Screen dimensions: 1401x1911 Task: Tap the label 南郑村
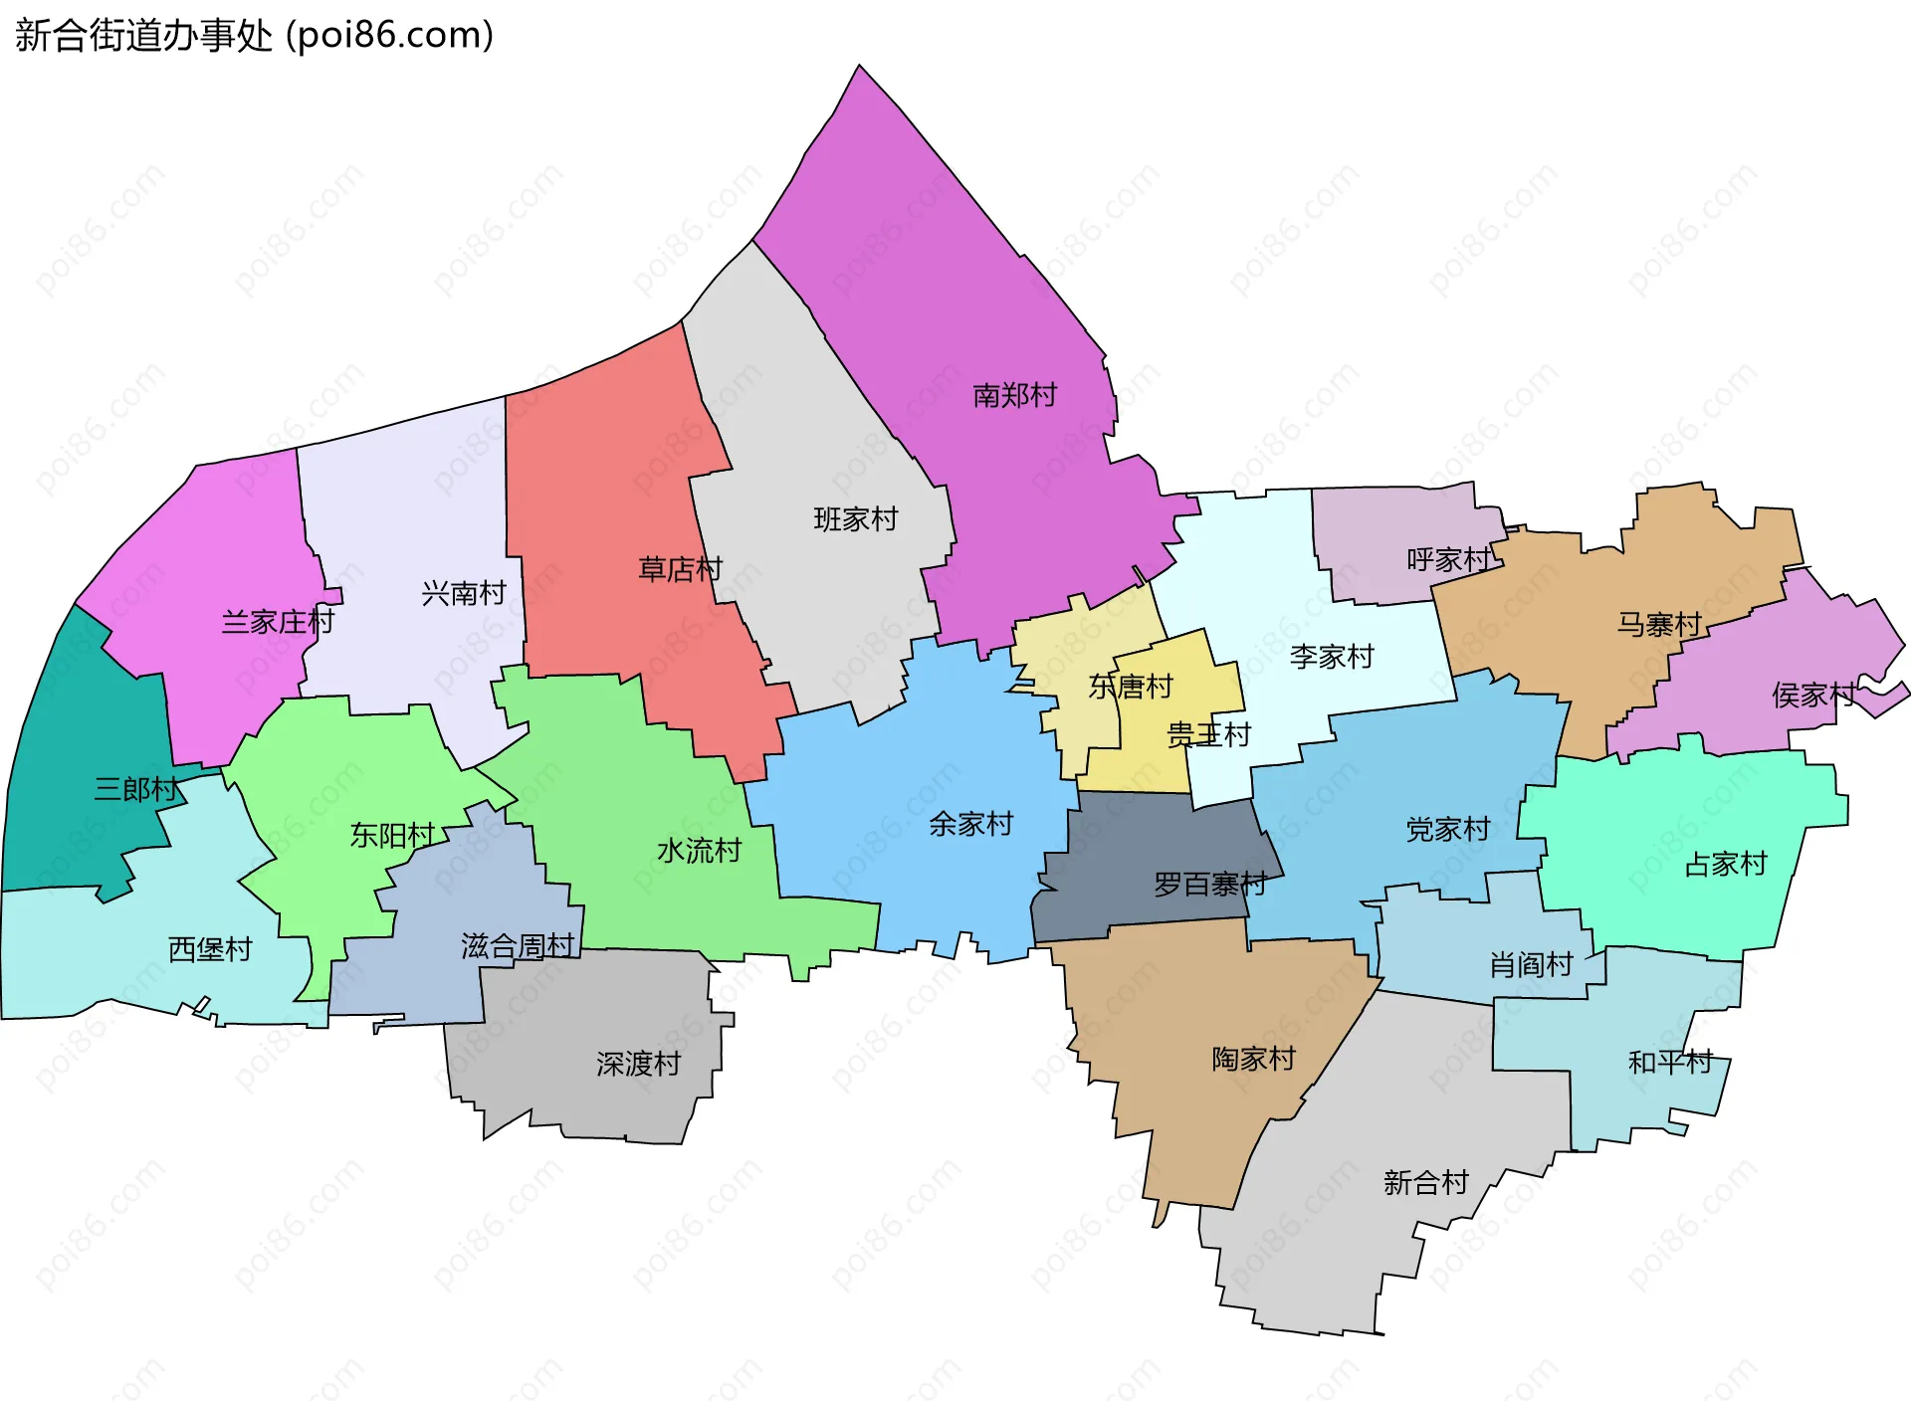point(1014,395)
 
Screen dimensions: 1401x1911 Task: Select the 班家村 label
point(855,518)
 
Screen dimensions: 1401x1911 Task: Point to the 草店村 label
point(680,569)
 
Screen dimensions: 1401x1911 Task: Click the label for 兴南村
point(464,593)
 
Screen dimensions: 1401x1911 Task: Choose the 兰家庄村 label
point(278,622)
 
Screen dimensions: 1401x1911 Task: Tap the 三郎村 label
point(136,789)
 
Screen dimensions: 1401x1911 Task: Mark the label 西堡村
point(210,948)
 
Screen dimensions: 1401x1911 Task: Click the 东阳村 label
point(392,835)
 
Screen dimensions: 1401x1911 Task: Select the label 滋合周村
point(518,945)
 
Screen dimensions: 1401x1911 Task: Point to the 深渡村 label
point(638,1064)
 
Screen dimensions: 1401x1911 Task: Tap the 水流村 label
point(699,850)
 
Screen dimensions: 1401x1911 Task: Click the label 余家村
point(970,823)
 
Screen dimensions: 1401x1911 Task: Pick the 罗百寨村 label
point(1209,884)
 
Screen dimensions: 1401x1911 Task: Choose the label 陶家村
point(1253,1058)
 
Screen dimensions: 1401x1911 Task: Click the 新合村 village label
point(1425,1182)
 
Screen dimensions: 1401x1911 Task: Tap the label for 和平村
point(1670,1062)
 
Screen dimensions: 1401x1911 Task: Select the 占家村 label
point(1725,864)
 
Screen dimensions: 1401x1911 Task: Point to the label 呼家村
point(1449,559)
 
